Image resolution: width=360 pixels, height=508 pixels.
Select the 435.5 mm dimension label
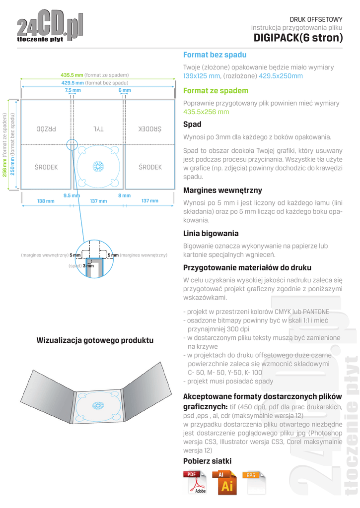[72, 74]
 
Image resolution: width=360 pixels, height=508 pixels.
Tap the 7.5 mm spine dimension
[72, 91]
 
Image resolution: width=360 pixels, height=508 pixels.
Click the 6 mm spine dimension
[125, 91]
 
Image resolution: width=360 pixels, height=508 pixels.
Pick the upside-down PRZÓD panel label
[48, 128]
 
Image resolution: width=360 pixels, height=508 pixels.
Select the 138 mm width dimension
[46, 201]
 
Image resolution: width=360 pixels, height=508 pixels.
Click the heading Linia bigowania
[211, 233]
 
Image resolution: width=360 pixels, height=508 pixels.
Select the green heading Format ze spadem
[216, 91]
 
